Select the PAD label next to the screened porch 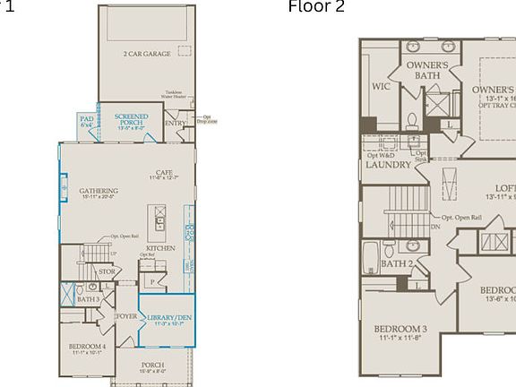click(87, 119)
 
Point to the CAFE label click(163, 173)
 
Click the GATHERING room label click(99, 190)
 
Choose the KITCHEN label click(160, 247)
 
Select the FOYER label click(126, 315)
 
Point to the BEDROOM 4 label click(87, 346)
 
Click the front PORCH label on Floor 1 click(152, 365)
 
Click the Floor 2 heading click(315, 7)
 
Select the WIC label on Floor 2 click(381, 87)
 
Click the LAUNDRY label click(389, 165)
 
